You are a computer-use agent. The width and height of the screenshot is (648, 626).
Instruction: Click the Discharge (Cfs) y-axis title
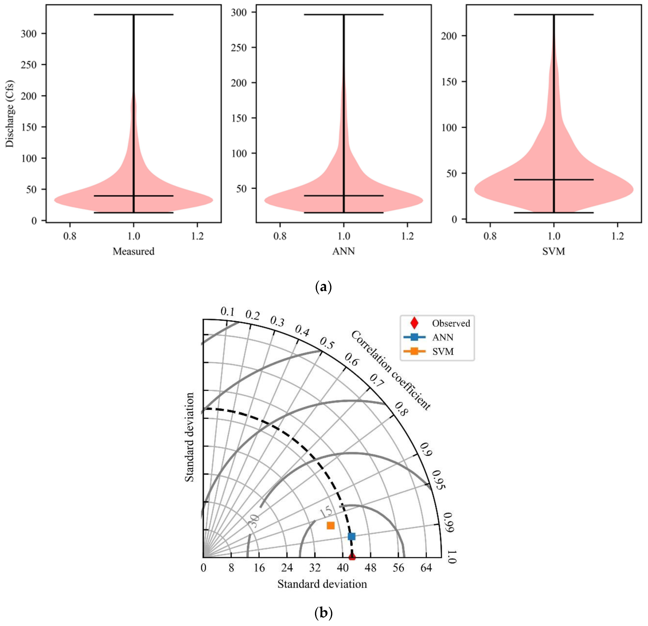pos(10,114)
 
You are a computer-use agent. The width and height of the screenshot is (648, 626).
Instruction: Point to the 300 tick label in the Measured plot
pos(29,34)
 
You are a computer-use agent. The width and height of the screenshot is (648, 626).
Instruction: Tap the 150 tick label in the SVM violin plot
pos(449,82)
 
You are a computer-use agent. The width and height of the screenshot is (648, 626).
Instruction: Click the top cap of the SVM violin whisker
pos(554,14)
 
